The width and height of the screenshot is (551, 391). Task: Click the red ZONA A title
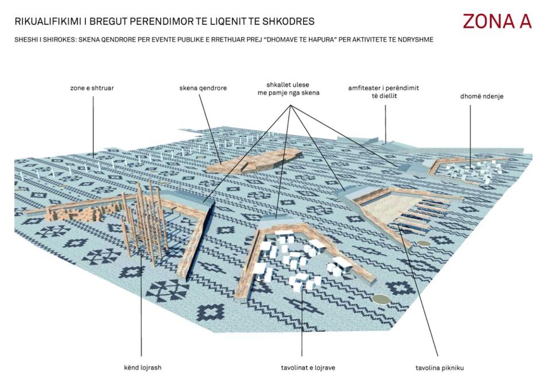tap(497, 21)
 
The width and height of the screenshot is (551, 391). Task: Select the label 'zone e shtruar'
tap(92, 88)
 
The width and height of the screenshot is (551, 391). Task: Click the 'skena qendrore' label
tap(203, 88)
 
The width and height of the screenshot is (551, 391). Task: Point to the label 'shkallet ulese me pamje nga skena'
tap(288, 89)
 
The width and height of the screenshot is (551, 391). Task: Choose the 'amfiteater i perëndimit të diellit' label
tap(384, 91)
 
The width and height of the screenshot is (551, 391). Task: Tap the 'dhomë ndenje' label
tap(482, 96)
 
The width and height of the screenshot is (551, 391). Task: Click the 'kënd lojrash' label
tap(143, 367)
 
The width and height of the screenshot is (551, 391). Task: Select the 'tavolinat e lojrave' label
tap(308, 368)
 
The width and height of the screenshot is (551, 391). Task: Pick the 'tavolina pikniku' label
tap(440, 368)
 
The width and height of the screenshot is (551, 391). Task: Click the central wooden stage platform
tap(254, 161)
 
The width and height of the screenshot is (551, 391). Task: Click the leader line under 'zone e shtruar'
tap(93, 126)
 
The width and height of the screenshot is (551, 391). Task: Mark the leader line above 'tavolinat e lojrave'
tap(302, 324)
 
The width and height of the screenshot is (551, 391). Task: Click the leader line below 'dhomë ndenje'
tap(471, 136)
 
